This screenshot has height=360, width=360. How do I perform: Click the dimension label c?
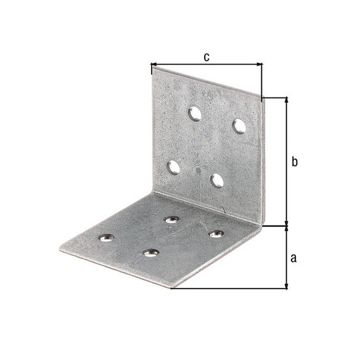click(207, 57)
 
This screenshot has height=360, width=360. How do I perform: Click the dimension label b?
click(295, 162)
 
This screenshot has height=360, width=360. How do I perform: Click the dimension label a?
click(293, 258)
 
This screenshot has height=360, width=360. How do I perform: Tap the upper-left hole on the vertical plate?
click(194, 113)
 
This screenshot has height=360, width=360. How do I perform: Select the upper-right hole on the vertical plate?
click(239, 126)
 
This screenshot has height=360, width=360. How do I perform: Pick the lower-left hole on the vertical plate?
click(173, 168)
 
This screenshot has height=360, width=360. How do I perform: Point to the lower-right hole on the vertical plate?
click(217, 181)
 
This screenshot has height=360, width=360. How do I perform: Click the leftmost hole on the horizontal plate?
click(107, 237)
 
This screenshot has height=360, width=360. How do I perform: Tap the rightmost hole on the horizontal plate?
click(216, 234)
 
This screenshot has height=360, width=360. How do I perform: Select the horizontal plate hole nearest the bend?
click(172, 219)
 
